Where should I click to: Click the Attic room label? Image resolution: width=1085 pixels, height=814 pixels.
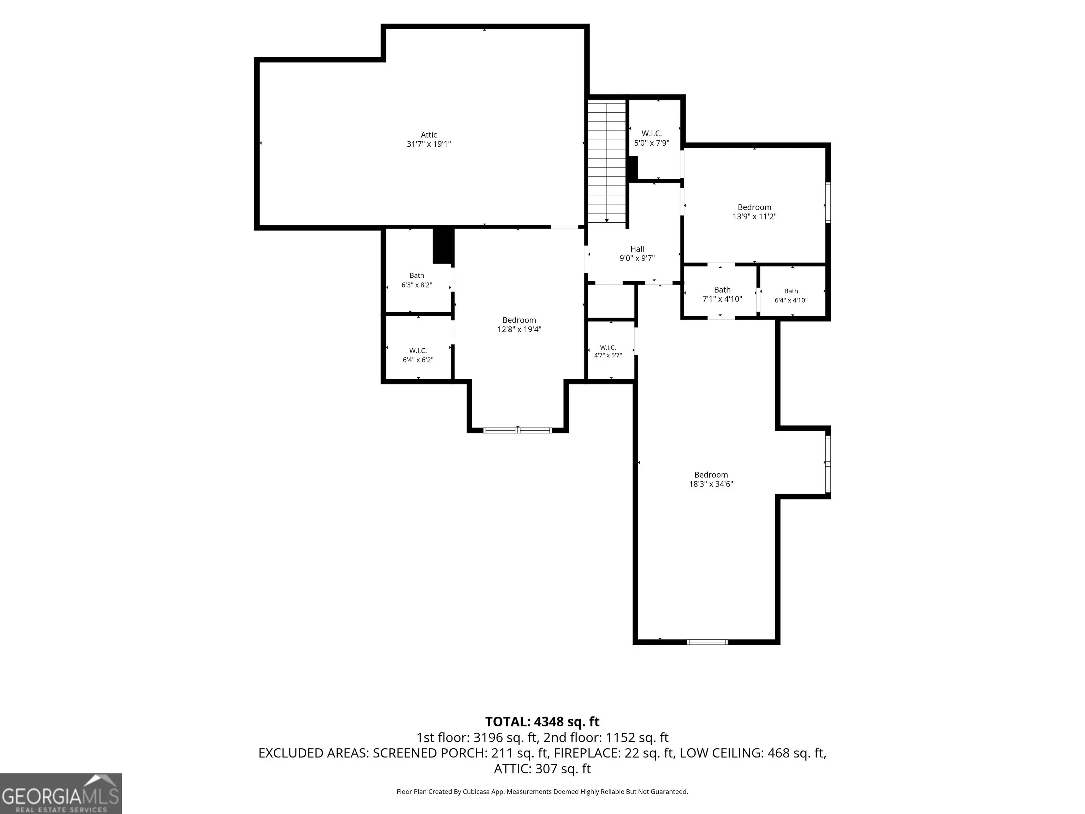tap(429, 135)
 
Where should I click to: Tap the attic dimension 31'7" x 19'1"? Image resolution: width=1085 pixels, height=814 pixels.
tap(429, 144)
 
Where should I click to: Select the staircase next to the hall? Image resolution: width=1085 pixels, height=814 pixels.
tap(607, 162)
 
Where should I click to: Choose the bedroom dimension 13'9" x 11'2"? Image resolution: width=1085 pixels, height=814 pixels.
tap(754, 216)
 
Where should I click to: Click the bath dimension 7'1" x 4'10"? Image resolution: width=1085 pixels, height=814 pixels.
tap(722, 299)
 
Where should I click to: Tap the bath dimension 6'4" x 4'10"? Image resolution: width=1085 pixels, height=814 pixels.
tap(791, 300)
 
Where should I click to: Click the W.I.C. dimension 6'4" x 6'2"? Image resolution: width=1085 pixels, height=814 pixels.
tap(418, 360)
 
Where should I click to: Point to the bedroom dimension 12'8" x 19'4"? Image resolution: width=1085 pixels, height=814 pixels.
tap(519, 330)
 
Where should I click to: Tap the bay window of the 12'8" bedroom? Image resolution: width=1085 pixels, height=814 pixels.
tap(517, 430)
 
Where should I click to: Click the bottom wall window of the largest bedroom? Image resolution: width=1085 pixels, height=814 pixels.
tap(707, 642)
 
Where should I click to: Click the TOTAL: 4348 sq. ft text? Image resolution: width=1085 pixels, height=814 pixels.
tap(542, 722)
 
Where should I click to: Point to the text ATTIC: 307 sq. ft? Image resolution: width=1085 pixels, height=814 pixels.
tap(542, 769)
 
